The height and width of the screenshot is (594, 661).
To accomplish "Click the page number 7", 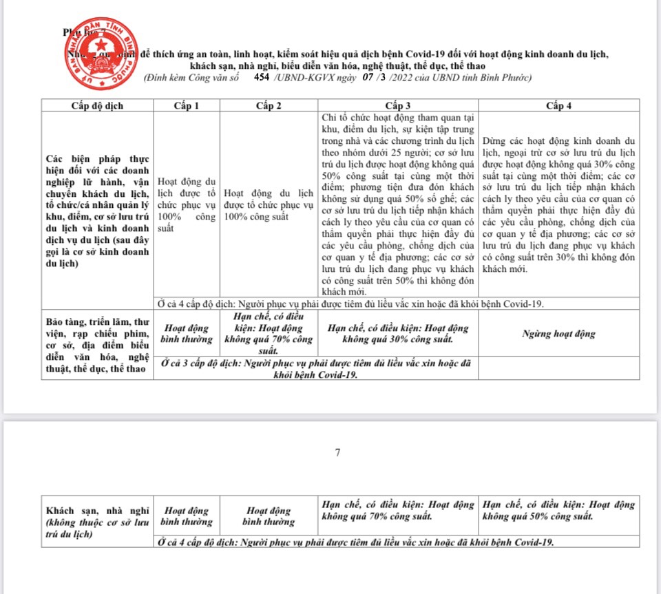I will (x=337, y=453).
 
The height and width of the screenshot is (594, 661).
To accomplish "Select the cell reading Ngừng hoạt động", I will (x=558, y=334).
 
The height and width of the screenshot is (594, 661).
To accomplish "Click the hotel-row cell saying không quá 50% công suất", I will (x=558, y=510).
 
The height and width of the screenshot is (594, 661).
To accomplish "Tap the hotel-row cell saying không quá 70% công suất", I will (x=398, y=510).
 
